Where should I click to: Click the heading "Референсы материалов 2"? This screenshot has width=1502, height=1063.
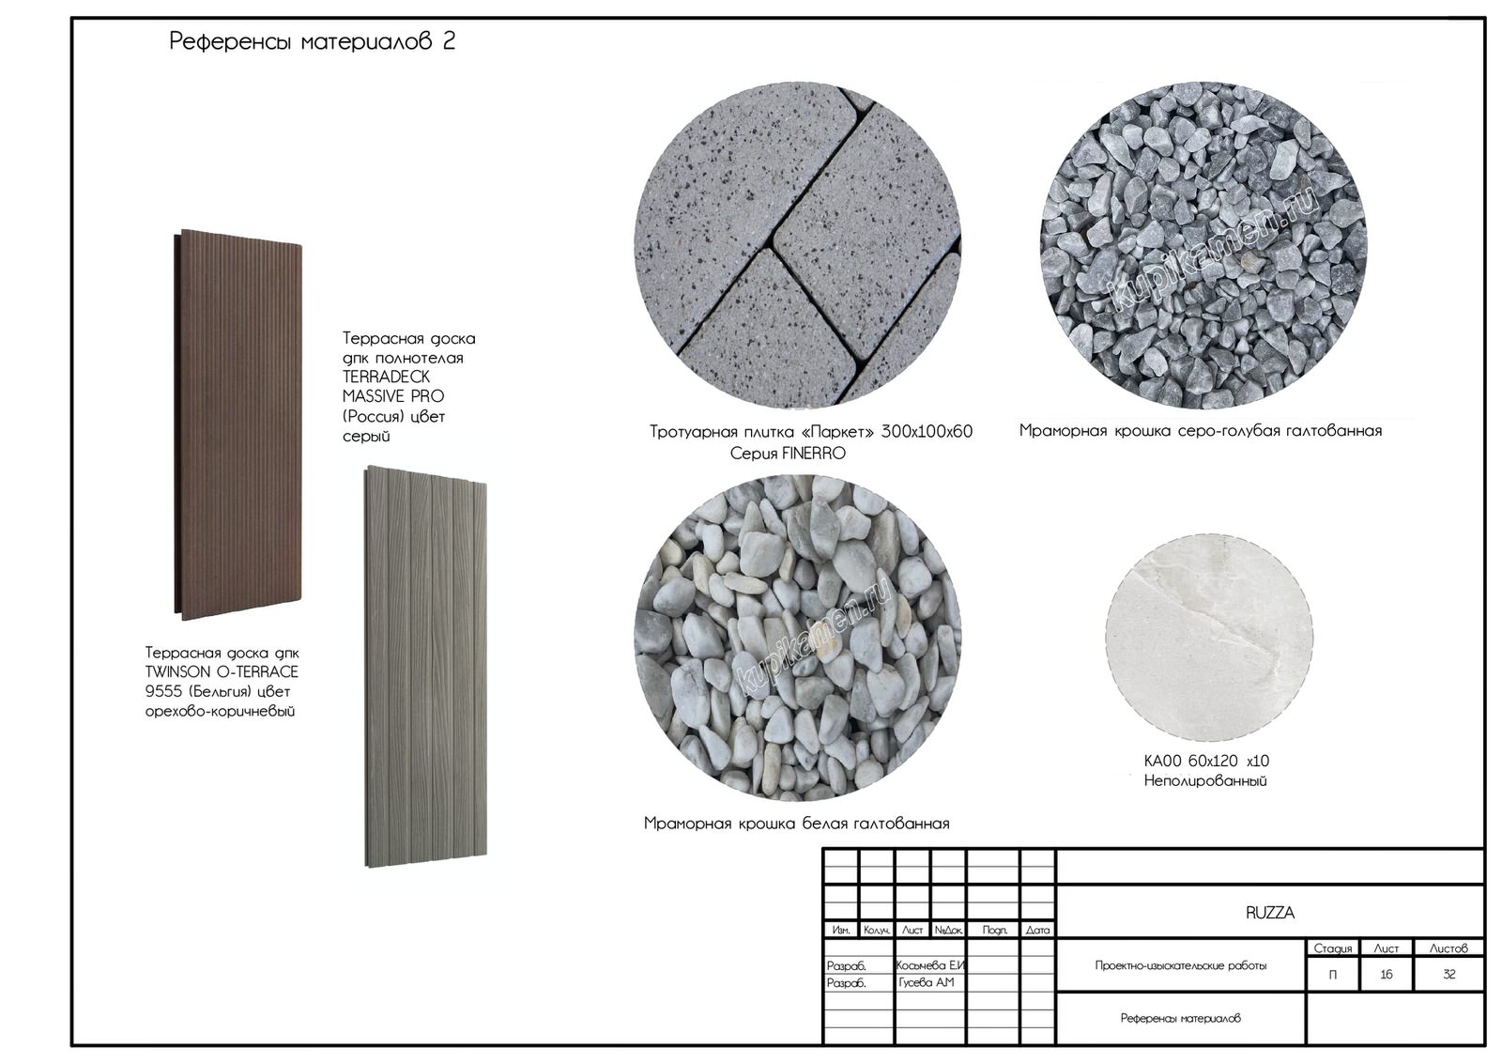click(x=313, y=41)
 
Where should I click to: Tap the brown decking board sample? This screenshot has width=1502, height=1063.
click(x=238, y=424)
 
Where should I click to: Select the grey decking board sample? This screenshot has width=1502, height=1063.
click(x=426, y=666)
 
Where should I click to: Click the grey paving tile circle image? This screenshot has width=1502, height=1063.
click(x=798, y=245)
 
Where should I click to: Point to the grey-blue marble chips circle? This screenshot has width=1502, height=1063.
click(x=1203, y=245)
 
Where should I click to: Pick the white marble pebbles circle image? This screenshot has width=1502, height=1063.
click(x=798, y=638)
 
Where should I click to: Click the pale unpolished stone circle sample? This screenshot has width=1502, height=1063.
click(x=1209, y=638)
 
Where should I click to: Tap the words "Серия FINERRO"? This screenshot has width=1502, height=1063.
click(x=788, y=454)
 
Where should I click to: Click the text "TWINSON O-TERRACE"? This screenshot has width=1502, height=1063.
click(x=222, y=672)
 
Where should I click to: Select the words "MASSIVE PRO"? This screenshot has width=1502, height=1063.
click(x=393, y=396)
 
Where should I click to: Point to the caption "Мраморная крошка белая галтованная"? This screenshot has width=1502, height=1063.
click(x=797, y=824)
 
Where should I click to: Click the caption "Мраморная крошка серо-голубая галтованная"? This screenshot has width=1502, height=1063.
click(x=1201, y=431)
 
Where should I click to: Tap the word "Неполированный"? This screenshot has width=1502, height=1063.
click(x=1205, y=781)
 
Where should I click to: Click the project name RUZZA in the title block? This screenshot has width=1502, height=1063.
click(x=1270, y=913)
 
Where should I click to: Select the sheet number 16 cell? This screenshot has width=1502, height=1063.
click(x=1387, y=974)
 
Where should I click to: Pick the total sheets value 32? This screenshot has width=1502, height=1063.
click(x=1449, y=974)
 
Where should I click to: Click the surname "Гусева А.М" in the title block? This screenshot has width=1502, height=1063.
click(x=927, y=982)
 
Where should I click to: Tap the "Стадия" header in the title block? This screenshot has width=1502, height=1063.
click(x=1333, y=948)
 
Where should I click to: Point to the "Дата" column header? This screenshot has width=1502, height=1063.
click(x=1037, y=931)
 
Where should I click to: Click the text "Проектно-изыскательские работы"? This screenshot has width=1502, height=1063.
click(x=1181, y=965)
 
